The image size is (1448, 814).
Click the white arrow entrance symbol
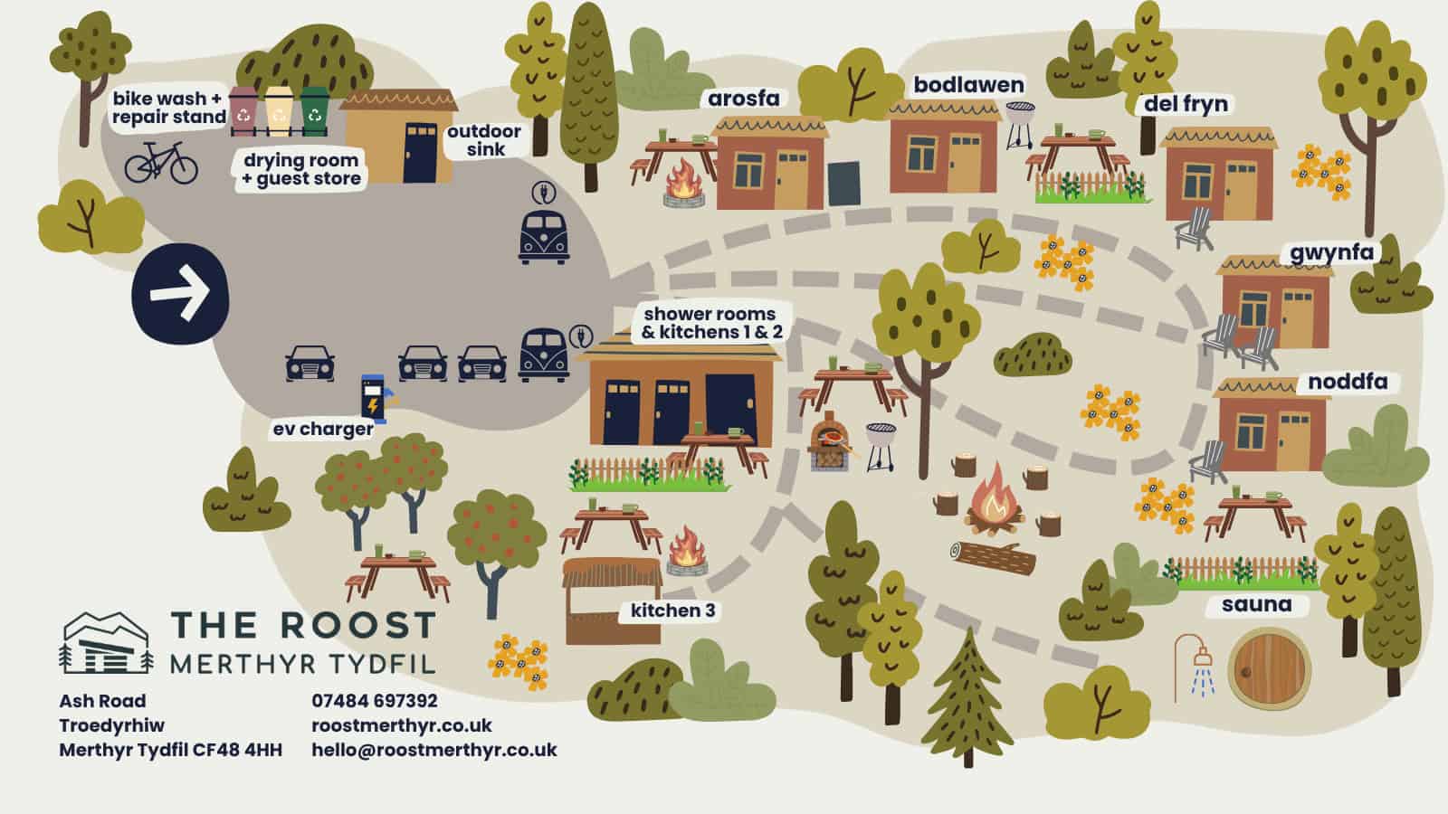click(x=180, y=293)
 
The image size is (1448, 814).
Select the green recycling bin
click(x=314, y=111)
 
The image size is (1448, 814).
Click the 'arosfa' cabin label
click(x=743, y=99)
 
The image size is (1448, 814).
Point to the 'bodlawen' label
click(x=968, y=85)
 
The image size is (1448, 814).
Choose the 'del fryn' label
click(x=1186, y=104)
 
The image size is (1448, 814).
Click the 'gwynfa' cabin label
click(x=1331, y=253)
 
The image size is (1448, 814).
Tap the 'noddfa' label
click(x=1348, y=382)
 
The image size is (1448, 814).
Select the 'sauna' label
click(x=1256, y=604)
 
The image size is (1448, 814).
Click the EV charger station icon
click(x=374, y=399)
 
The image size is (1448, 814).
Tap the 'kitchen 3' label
click(x=672, y=610)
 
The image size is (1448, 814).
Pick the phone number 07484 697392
click(x=375, y=701)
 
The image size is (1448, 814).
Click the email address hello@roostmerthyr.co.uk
click(x=434, y=750)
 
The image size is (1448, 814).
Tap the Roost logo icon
click(x=106, y=643)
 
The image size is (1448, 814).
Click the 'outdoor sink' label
click(x=484, y=140)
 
